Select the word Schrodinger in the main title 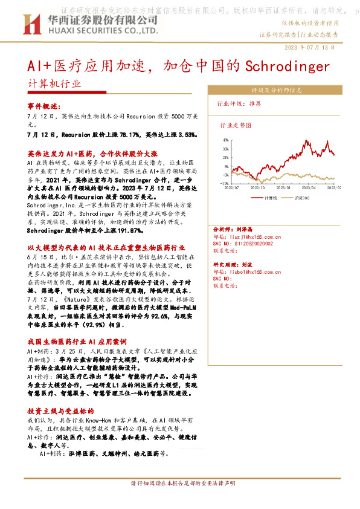tap(288, 65)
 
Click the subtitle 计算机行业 tap(54, 85)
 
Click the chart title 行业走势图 tap(235, 125)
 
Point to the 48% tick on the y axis tap(225, 140)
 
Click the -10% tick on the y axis tap(224, 183)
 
